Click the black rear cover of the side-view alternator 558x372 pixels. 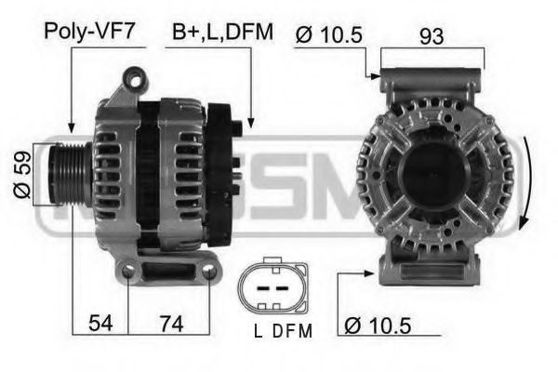coord(221,158)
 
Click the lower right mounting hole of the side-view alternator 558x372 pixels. coord(208,272)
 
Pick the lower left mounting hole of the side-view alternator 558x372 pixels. coord(127,272)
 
